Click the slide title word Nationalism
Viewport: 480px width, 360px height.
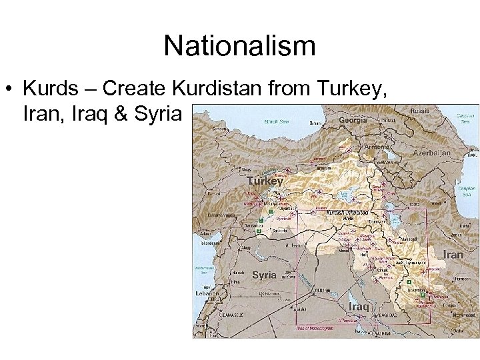click(x=239, y=46)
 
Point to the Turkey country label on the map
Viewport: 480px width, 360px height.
click(x=265, y=181)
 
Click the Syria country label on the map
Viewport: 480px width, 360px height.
click(x=265, y=275)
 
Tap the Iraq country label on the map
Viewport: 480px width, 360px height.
click(x=359, y=306)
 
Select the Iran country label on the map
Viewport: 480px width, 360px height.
click(x=453, y=255)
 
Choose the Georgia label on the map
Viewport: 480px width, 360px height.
click(x=353, y=121)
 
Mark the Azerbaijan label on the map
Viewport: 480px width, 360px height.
click(x=432, y=153)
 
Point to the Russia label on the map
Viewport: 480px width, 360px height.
click(x=420, y=111)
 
